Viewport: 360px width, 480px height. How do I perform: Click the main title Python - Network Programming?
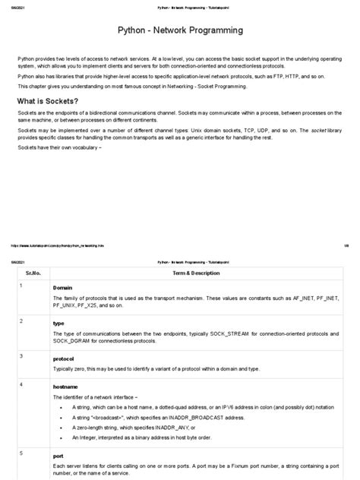tap(180, 31)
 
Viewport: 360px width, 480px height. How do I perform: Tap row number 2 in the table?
tap(21, 321)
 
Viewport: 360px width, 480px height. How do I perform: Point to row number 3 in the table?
tap(21, 355)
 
